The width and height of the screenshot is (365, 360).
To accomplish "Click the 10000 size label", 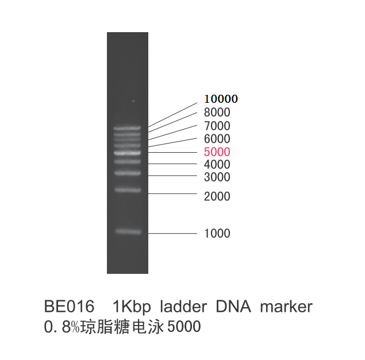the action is [221, 99].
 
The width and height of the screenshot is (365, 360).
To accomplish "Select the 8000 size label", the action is [217, 113].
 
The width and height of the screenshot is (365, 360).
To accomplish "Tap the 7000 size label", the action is [217, 126].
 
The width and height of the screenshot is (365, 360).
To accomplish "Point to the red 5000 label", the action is [217, 152].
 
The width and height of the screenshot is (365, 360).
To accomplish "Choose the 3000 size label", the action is [217, 177].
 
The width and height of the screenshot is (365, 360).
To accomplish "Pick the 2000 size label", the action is [217, 196].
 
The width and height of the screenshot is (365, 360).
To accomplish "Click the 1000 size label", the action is [217, 233].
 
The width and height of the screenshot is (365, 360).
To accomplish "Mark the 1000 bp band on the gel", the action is [128, 231].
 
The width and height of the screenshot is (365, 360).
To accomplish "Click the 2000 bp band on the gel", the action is [128, 190].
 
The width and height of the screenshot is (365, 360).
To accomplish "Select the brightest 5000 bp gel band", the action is [127, 153].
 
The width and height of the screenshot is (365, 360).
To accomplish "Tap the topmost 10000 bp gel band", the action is [127, 128].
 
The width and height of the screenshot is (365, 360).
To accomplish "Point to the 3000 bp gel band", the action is [128, 173].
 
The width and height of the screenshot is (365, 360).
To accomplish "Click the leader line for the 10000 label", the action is [172, 115].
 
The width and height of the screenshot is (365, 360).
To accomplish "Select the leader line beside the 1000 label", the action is [172, 233].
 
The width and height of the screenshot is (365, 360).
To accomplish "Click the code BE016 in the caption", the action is [69, 306].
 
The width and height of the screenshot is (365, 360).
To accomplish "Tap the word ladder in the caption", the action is [183, 306].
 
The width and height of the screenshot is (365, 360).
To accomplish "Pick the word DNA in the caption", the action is [233, 306].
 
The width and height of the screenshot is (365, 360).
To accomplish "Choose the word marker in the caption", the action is [286, 306].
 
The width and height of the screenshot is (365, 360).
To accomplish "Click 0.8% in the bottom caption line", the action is [62, 327].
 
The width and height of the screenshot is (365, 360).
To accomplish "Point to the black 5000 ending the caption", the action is [184, 326].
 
